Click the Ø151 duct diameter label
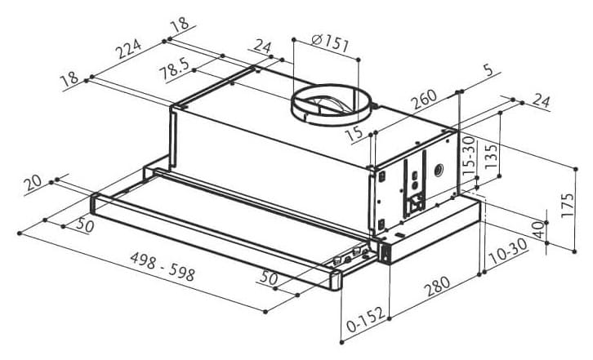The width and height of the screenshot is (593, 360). pyautogui.click(x=330, y=42)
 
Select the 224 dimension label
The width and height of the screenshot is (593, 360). pyautogui.click(x=128, y=48)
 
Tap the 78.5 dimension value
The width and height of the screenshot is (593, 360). pyautogui.click(x=174, y=68)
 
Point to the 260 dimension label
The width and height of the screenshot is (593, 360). pyautogui.click(x=424, y=99)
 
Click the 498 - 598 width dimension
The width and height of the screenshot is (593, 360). pyautogui.click(x=163, y=266)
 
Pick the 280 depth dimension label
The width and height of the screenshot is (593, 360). pyautogui.click(x=437, y=287)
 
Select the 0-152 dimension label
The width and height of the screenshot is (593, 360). pyautogui.click(x=366, y=319)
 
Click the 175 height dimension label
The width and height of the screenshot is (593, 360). pyautogui.click(x=568, y=205)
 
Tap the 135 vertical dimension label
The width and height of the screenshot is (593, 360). pyautogui.click(x=491, y=156)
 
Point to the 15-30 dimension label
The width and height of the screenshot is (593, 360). pyautogui.click(x=469, y=156)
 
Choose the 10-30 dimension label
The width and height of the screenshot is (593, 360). pyautogui.click(x=508, y=251)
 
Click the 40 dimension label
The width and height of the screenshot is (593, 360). pyautogui.click(x=538, y=229)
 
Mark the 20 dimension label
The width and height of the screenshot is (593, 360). pyautogui.click(x=33, y=183)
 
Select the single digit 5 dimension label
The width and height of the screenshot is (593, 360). pyautogui.click(x=488, y=69)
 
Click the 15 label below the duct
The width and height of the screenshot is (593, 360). pyautogui.click(x=354, y=134)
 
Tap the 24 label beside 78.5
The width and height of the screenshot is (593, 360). pyautogui.click(x=262, y=47)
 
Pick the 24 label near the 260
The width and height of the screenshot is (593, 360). pyautogui.click(x=541, y=100)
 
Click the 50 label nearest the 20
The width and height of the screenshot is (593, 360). pyautogui.click(x=85, y=225)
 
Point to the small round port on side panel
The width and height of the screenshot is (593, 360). pyautogui.click(x=439, y=171)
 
